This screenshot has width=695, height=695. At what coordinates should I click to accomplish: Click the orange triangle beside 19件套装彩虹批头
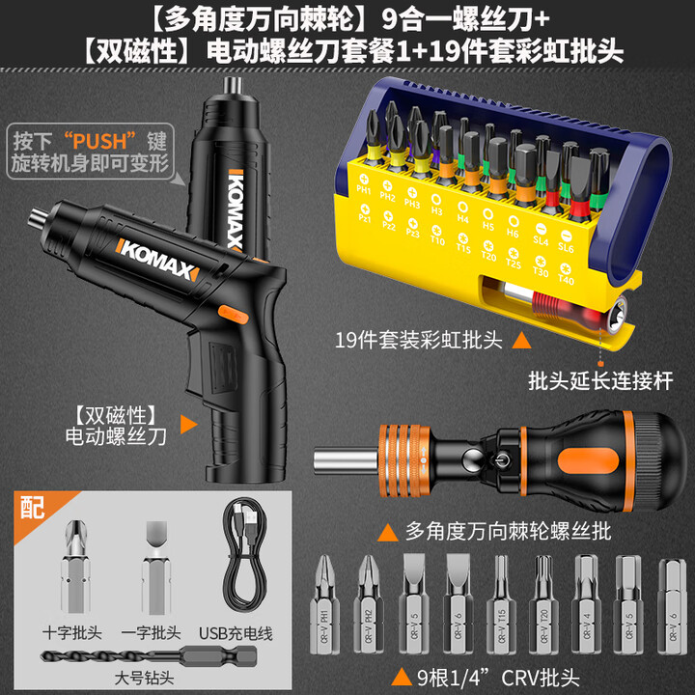520,341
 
